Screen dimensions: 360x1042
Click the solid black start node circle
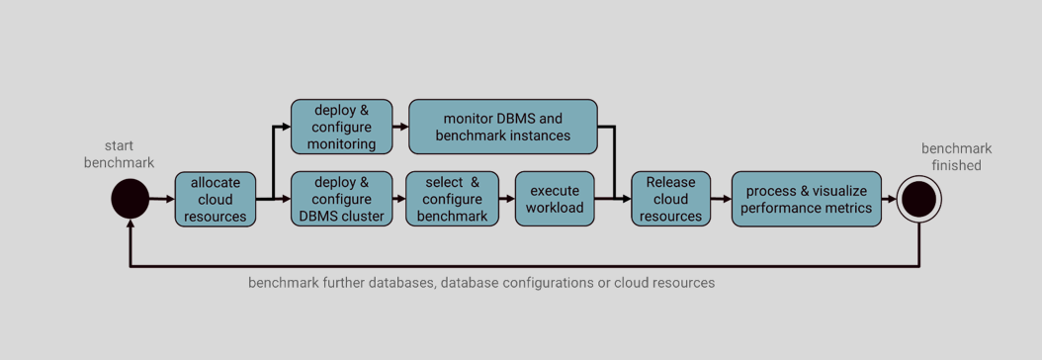[x=130, y=199]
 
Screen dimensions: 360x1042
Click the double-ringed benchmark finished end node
[x=919, y=199]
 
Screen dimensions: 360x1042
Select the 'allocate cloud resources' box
[x=216, y=199]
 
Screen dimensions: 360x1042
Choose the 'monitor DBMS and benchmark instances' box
[x=503, y=127]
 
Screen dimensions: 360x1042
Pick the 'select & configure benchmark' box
[x=452, y=199]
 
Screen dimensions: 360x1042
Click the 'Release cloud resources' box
[x=670, y=199]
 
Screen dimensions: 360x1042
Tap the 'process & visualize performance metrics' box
[x=809, y=199]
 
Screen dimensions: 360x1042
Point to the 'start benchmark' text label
[x=119, y=154]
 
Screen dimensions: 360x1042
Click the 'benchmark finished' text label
[x=956, y=157]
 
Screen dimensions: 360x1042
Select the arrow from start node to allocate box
[x=162, y=199]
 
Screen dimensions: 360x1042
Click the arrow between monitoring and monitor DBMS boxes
[x=400, y=127]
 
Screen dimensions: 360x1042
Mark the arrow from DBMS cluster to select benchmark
[x=399, y=199]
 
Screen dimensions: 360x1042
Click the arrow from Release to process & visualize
[x=721, y=199]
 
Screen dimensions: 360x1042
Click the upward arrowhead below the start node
[x=130, y=226]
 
